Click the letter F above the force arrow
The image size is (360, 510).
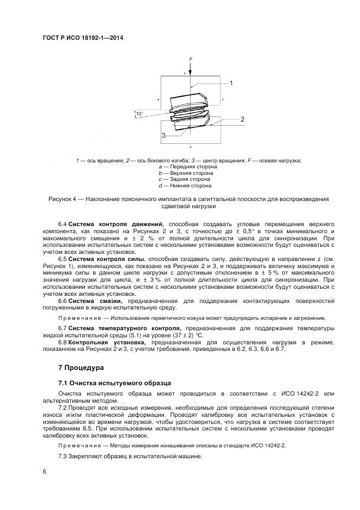191,58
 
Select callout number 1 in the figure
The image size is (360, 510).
231,83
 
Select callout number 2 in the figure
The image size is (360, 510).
242,119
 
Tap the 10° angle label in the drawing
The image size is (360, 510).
139,114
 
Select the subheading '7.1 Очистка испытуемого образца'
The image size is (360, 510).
115,383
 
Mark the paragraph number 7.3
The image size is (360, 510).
63,456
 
